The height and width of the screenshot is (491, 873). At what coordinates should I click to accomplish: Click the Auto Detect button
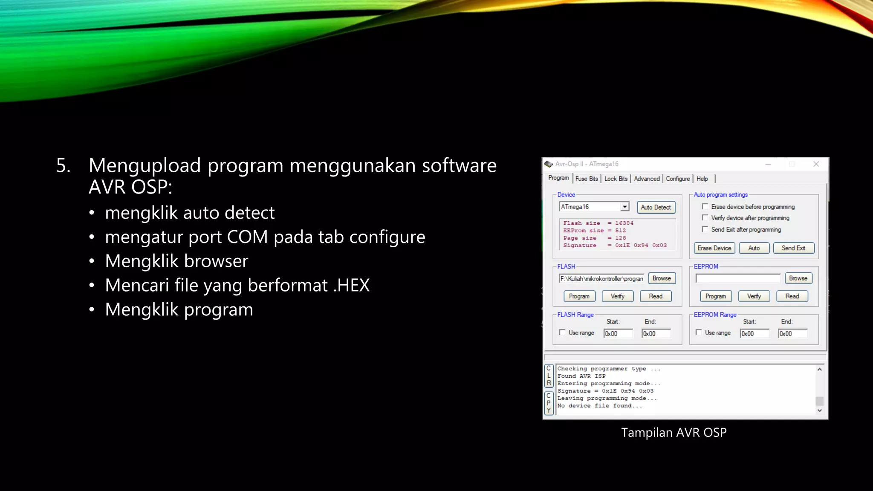656,208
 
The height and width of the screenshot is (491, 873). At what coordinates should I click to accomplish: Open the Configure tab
678,179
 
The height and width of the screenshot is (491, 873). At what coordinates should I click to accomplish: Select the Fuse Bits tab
587,179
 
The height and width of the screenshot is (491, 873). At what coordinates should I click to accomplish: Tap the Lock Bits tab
616,179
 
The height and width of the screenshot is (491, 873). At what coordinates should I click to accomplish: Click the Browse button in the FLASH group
662,278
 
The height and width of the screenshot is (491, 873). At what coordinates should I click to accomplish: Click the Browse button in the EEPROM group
798,278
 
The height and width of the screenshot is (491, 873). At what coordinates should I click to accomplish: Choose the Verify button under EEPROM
754,296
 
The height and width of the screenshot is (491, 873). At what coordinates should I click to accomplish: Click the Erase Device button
714,248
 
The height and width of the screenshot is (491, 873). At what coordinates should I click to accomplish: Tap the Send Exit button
793,248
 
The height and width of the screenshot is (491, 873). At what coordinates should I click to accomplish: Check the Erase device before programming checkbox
705,207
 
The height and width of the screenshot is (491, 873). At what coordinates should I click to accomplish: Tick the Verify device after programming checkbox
705,218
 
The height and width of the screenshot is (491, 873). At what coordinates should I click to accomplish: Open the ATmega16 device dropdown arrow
624,207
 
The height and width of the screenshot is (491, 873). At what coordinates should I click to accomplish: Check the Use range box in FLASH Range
562,332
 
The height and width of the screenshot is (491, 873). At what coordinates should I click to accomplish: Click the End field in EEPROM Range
792,334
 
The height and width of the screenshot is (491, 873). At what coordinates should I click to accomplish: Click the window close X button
816,164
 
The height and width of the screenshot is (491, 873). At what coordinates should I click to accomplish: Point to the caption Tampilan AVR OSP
674,433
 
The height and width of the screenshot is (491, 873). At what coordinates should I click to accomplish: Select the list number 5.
63,165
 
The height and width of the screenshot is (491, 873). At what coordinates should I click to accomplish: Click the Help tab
702,179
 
